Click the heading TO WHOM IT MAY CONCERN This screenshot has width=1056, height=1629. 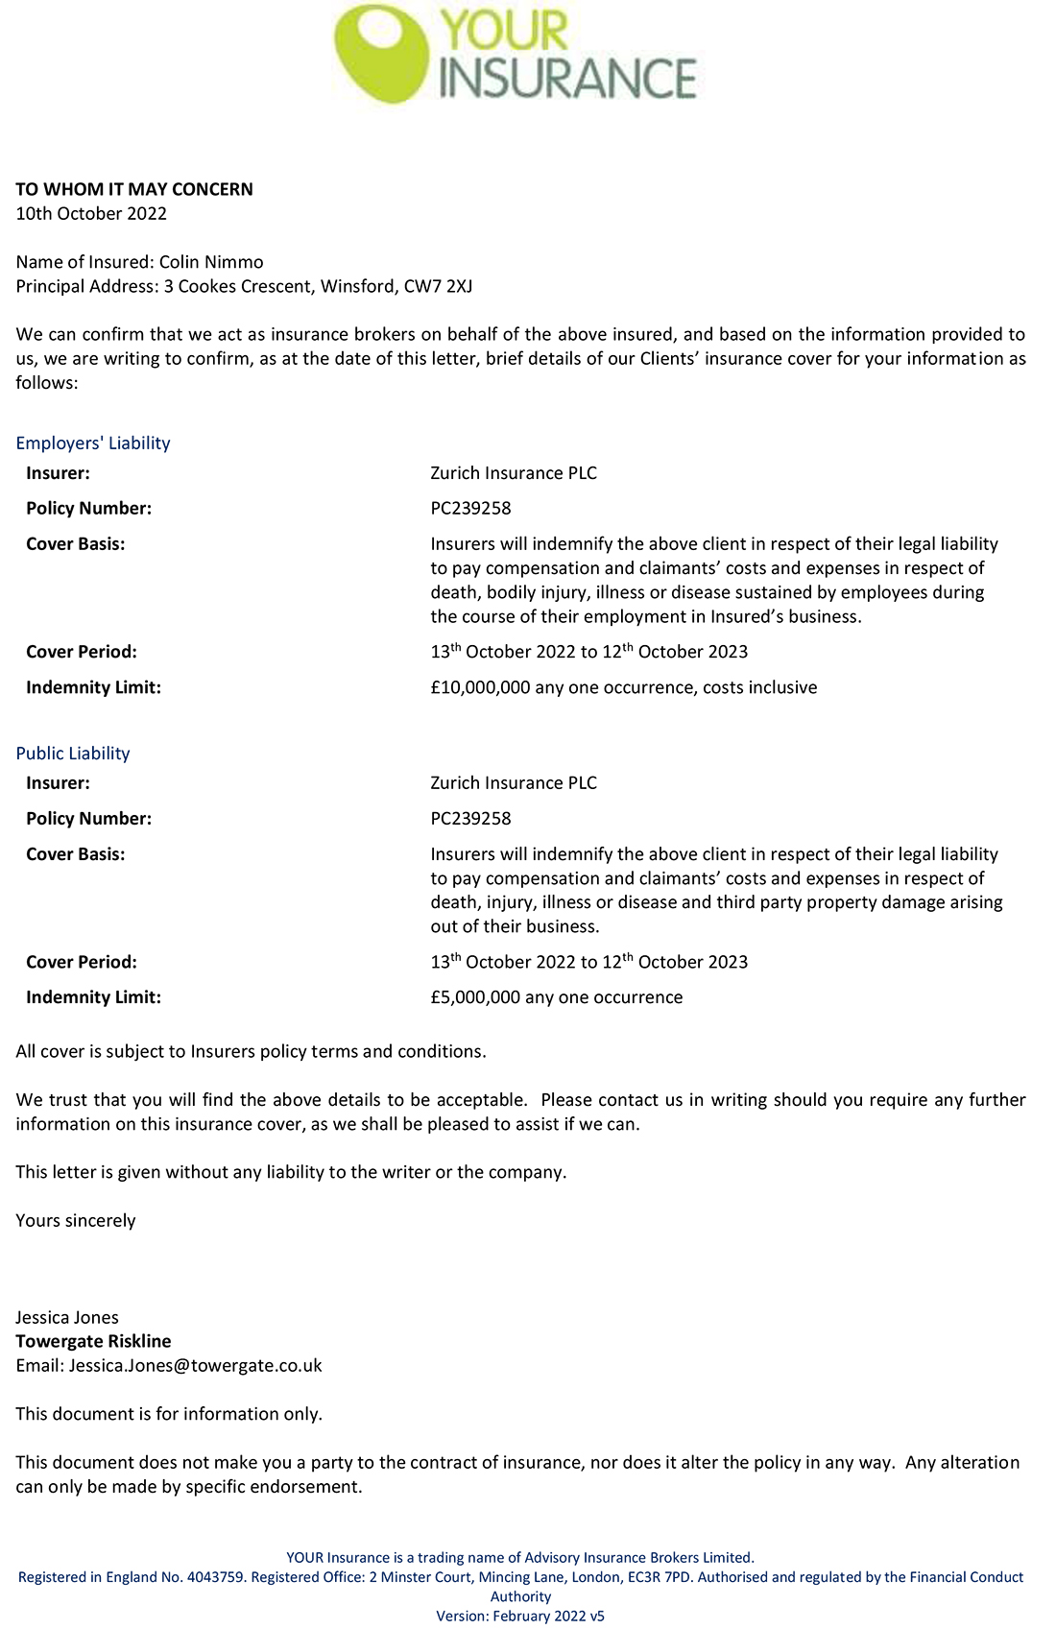coord(134,189)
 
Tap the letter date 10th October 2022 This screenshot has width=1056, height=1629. coord(91,213)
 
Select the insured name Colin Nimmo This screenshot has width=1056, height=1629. coord(211,262)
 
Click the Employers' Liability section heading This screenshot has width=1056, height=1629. coord(93,443)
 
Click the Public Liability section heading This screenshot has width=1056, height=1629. coord(73,753)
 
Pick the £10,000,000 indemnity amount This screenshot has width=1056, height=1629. coord(480,687)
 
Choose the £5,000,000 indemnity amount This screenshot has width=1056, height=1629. coord(475,997)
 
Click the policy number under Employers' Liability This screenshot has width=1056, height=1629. coord(470,508)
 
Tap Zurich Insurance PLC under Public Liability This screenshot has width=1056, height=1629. coord(514,782)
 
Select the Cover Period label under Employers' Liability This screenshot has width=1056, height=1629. coord(82,652)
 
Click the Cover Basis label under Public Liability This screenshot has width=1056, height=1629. coord(76,854)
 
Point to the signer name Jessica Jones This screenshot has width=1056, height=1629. coord(67,1317)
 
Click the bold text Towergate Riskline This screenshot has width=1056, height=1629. coord(93,1341)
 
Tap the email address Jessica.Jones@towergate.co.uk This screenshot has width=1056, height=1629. coord(196,1365)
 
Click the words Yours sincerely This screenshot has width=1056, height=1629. coord(76,1220)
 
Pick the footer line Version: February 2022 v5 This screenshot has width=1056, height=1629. coord(520,1617)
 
